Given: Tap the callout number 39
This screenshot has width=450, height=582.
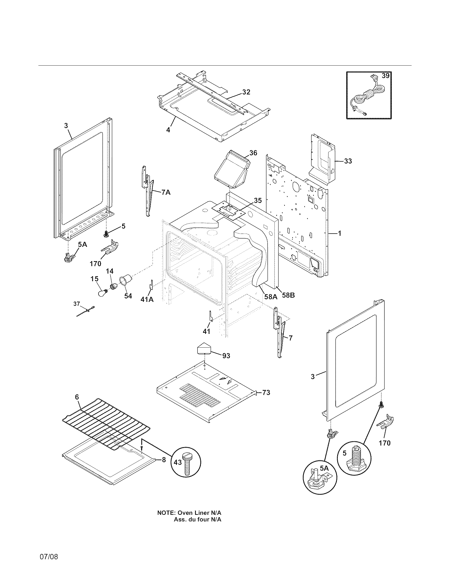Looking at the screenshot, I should pyautogui.click(x=385, y=76).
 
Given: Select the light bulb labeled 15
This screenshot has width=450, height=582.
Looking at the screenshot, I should pyautogui.click(x=103, y=293).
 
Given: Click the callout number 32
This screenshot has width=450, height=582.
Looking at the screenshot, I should pyautogui.click(x=246, y=92).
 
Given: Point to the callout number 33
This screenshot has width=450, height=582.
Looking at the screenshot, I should pyautogui.click(x=348, y=161).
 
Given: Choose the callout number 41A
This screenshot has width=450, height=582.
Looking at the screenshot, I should pyautogui.click(x=147, y=299).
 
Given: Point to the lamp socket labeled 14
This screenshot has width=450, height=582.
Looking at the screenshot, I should pyautogui.click(x=114, y=287).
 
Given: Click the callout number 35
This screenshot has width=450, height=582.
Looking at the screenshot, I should pyautogui.click(x=258, y=201).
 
